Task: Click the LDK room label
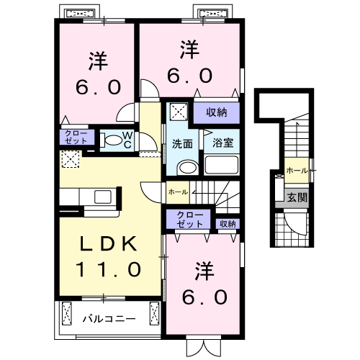pyautogui.click(x=109, y=243)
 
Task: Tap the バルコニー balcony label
pyautogui.click(x=109, y=319)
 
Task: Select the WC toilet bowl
pyautogui.click(x=114, y=140)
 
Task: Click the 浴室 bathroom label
pyautogui.click(x=222, y=143)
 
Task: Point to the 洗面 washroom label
pyautogui.click(x=182, y=144)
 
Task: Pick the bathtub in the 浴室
pyautogui.click(x=221, y=165)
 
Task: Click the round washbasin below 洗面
pyautogui.click(x=188, y=168)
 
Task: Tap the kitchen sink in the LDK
pyautogui.click(x=103, y=197)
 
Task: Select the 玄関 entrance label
pyautogui.click(x=297, y=197)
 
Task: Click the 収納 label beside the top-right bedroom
pyautogui.click(x=217, y=112)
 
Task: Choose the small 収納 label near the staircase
pyautogui.click(x=228, y=224)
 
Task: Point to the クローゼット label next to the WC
pyautogui.click(x=76, y=138)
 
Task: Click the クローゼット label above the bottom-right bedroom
pyautogui.click(x=189, y=220)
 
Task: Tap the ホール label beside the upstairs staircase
pyautogui.click(x=178, y=192)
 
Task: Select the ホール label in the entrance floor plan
pyautogui.click(x=297, y=171)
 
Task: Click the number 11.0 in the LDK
pyautogui.click(x=109, y=269)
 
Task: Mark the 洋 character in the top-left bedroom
pyautogui.click(x=99, y=60)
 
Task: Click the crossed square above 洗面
pyautogui.click(x=179, y=112)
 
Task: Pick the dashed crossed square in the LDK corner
pyautogui.click(x=71, y=159)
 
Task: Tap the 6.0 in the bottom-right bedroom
pyautogui.click(x=204, y=297)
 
